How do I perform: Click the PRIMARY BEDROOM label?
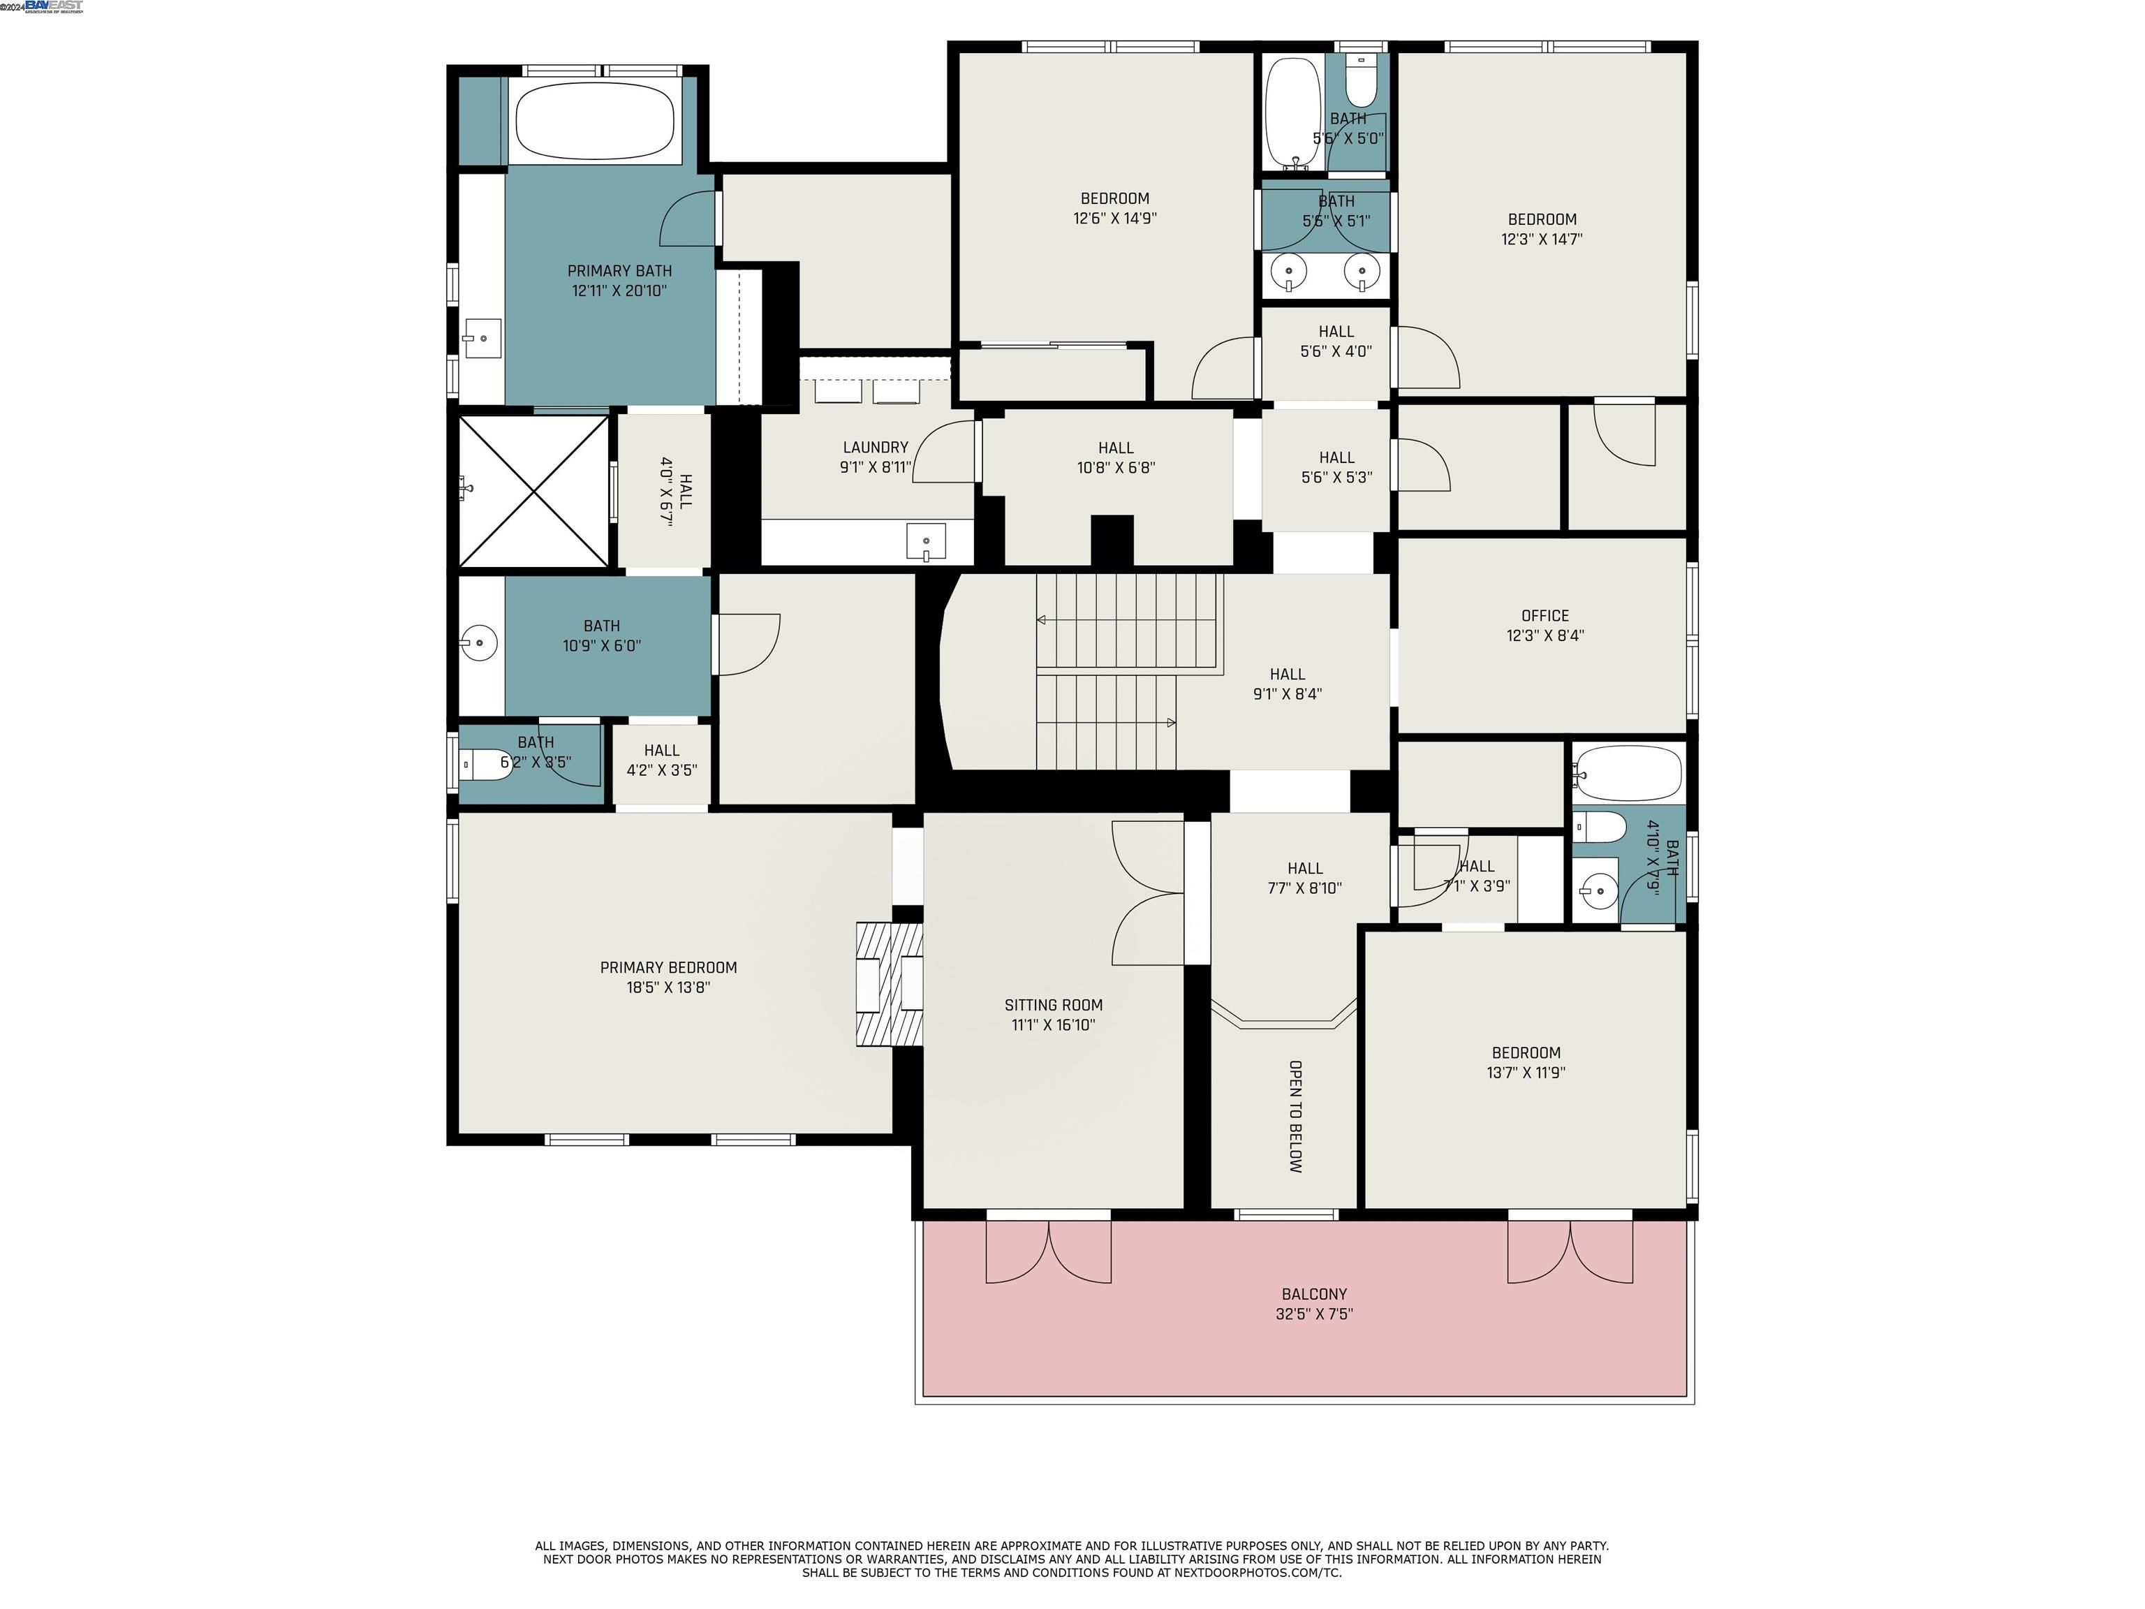point(668,968)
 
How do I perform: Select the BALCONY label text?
point(1314,1295)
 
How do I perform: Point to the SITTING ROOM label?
point(1053,1006)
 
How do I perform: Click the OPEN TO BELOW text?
point(1295,1116)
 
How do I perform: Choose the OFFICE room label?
point(1545,616)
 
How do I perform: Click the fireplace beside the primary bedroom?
point(888,983)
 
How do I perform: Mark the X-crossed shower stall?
point(533,491)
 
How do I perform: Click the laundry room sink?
point(925,542)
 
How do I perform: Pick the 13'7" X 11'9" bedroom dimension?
point(1526,1073)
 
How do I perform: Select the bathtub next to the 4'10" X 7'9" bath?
point(1627,773)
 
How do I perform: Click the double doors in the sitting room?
point(1148,892)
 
